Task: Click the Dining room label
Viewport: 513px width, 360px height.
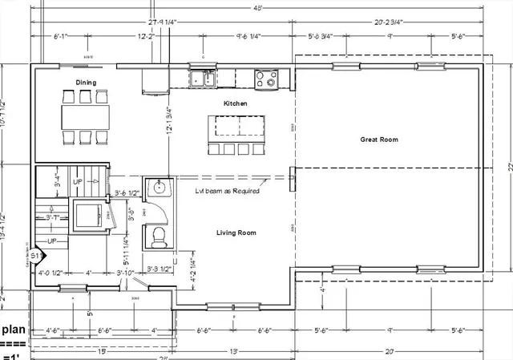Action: pos(87,83)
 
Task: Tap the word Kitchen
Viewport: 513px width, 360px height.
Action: pos(236,103)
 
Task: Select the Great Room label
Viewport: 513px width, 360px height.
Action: pos(378,140)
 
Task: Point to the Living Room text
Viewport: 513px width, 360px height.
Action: pos(236,233)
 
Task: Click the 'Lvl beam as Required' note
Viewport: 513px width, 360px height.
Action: pos(227,191)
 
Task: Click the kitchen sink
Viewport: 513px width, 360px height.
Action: pos(202,79)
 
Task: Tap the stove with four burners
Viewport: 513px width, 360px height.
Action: pos(266,79)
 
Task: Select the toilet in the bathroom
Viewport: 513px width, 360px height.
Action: pos(158,236)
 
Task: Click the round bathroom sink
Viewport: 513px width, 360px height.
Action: pos(159,189)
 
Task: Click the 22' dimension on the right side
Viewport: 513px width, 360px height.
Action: pos(507,167)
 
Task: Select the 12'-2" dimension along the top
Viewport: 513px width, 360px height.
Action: pos(145,37)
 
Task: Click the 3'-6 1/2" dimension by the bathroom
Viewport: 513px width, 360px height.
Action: pos(127,193)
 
